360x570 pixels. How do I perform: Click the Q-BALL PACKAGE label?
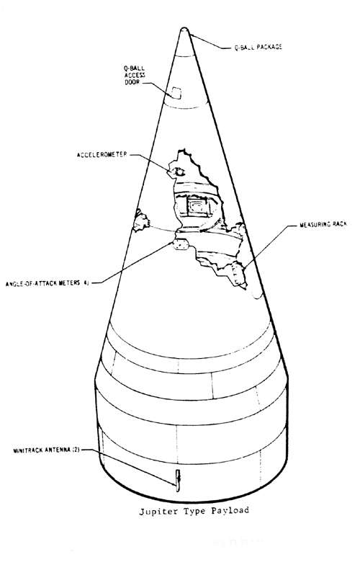258,48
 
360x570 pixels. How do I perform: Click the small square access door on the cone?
176,93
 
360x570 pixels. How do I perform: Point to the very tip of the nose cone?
184,28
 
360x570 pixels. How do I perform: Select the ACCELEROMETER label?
102,155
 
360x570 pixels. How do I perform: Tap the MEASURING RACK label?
323,225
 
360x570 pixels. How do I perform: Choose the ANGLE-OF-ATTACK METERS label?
48,283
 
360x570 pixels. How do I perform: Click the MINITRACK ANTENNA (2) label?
46,450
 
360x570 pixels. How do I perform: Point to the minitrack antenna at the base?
178,480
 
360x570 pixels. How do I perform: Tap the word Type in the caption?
194,512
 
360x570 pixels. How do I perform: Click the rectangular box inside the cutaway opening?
198,207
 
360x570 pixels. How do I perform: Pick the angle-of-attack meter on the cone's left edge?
140,221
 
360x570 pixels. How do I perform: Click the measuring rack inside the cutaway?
238,275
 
